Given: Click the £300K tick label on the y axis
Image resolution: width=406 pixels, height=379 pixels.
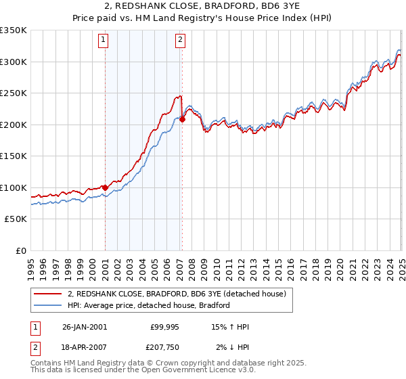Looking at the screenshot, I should pos(14,62).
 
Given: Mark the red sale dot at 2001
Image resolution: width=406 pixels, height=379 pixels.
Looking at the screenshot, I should pos(106,187).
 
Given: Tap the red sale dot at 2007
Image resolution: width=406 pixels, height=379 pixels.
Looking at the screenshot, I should pos(182,119).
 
